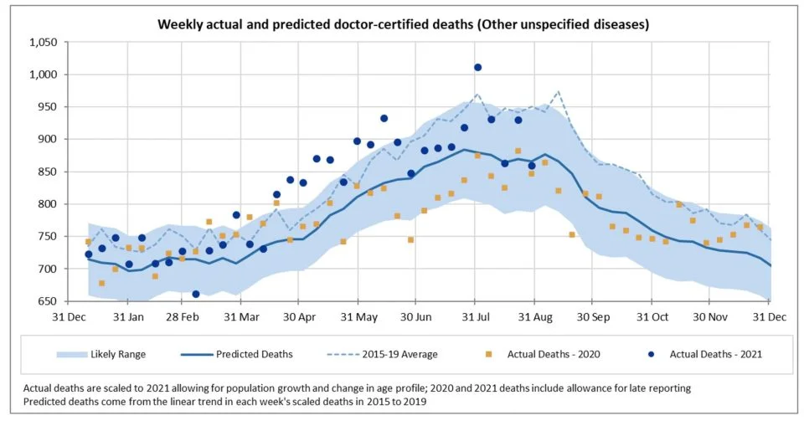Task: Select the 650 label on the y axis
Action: tap(46, 301)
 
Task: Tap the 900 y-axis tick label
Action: tap(46, 140)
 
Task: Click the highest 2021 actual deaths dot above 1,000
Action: tap(477, 67)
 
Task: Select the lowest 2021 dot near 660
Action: tap(195, 294)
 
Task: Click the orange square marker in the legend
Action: tap(495, 354)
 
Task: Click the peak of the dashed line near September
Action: tap(558, 91)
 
